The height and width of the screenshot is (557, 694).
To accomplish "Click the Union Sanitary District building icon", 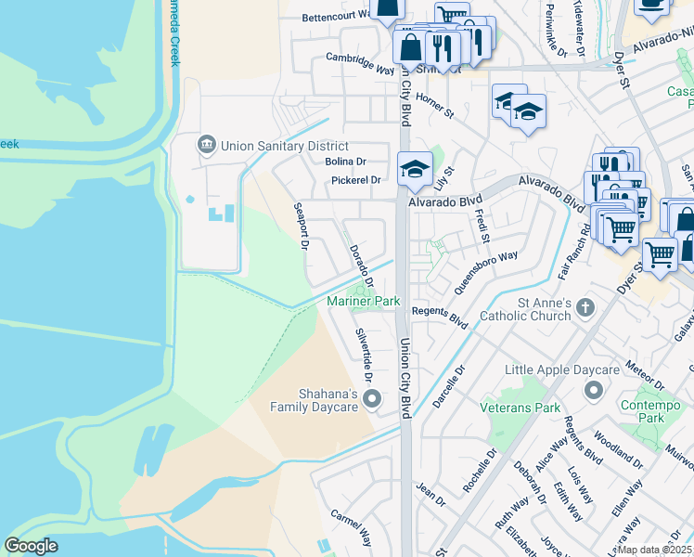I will click(x=205, y=146).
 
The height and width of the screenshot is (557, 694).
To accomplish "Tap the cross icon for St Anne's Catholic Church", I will click(x=585, y=307).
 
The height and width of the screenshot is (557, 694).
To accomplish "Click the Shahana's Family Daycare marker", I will click(x=372, y=399).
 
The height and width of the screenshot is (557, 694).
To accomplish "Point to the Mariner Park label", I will click(x=363, y=301).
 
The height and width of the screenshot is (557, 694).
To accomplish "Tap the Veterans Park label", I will click(x=520, y=408).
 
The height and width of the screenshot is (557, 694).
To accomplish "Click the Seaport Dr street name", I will click(x=301, y=227).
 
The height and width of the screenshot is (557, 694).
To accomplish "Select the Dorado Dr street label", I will click(x=361, y=266).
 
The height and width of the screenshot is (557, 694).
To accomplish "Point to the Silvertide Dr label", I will click(x=363, y=356).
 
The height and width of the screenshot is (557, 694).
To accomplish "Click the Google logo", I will click(x=31, y=546).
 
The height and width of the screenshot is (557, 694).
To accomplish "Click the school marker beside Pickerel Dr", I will click(x=415, y=168).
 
